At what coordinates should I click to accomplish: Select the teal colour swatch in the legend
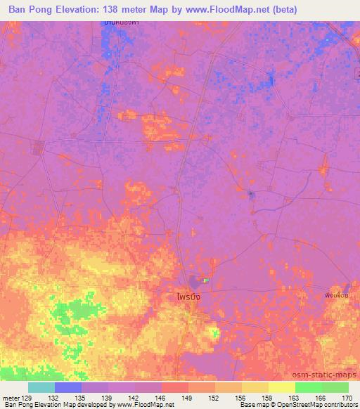[x=41, y=387]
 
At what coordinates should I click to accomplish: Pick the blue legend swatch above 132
[x=68, y=387]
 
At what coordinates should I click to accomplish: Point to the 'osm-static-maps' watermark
[x=327, y=372]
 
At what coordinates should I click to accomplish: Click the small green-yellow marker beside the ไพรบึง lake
[x=206, y=280]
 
